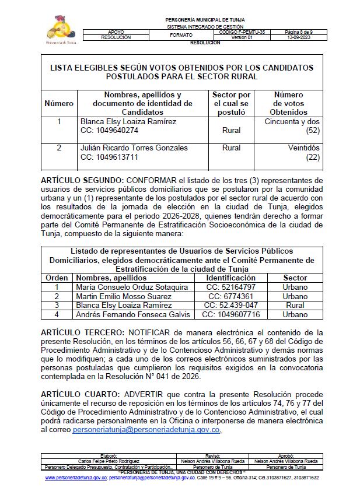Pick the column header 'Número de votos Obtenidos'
coord(288,103)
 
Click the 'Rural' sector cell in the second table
coord(295,306)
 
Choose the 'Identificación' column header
coord(227,278)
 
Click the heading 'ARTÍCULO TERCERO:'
coord(81,332)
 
